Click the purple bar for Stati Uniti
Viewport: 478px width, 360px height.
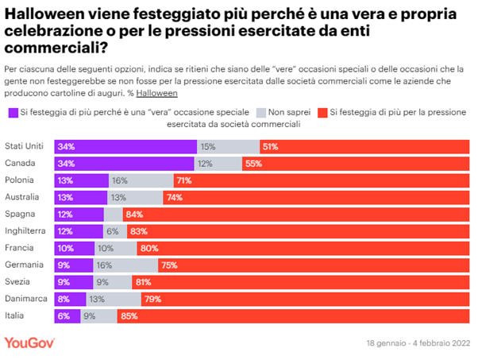125,146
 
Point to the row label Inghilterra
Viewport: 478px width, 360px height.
25,230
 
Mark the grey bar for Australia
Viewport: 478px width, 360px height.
135,197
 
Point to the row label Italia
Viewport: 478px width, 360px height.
15,316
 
